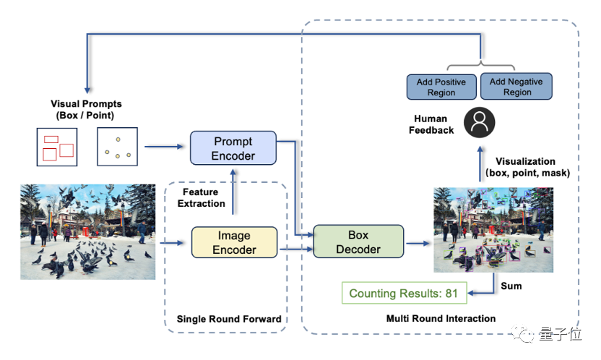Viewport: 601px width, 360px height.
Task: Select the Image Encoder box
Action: (234, 242)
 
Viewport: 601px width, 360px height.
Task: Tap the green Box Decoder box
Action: (358, 241)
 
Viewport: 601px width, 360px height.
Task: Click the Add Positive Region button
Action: (441, 87)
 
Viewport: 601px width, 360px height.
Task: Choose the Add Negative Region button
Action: (517, 87)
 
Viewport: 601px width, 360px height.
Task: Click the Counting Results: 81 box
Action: (404, 293)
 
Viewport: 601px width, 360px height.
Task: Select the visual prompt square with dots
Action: (117, 147)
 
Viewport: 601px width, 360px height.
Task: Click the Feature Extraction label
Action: (204, 198)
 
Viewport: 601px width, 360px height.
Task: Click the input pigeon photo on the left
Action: (87, 231)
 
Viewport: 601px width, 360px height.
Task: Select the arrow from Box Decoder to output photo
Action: (418, 243)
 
